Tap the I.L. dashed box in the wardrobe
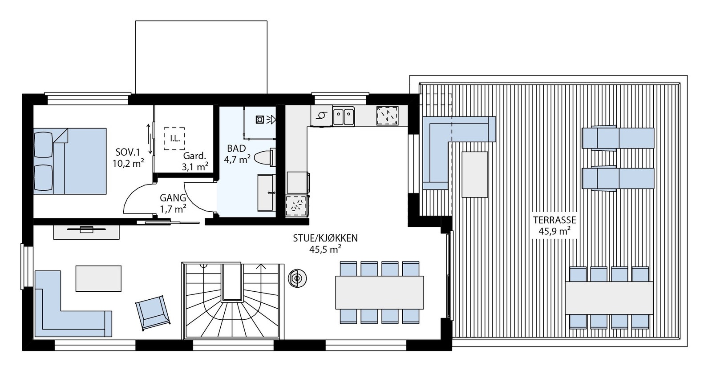[x=174, y=138]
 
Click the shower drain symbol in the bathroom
[x=260, y=119]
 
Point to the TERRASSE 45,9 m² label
[x=554, y=225]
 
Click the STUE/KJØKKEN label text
[x=325, y=243]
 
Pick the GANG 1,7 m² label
[x=173, y=202]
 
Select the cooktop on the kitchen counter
[x=387, y=116]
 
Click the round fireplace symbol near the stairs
[x=296, y=279]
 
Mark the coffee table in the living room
[x=98, y=278]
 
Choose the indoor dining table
[x=379, y=293]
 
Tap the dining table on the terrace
[x=609, y=298]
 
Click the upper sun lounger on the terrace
[x=618, y=138]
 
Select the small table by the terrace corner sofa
[x=475, y=174]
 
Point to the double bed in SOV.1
[x=70, y=161]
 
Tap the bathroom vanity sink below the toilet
[x=266, y=193]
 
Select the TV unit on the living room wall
[x=86, y=232]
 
